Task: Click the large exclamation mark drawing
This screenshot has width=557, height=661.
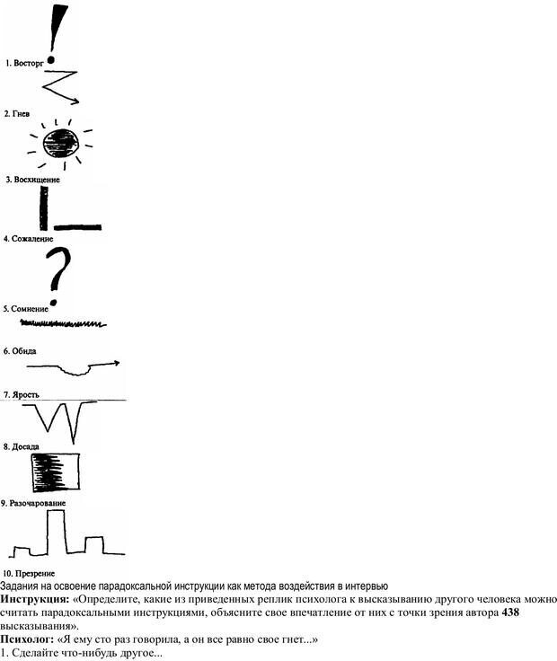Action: pyautogui.click(x=58, y=32)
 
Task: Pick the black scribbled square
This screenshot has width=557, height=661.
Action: pyautogui.click(x=55, y=471)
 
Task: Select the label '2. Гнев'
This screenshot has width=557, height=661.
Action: pyautogui.click(x=19, y=114)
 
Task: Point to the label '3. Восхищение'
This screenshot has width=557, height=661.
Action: pyautogui.click(x=32, y=180)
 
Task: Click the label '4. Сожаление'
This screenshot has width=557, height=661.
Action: pyautogui.click(x=30, y=239)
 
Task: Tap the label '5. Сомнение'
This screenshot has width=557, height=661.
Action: pyautogui.click(x=27, y=309)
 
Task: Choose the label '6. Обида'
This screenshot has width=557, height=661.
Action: pyautogui.click(x=21, y=351)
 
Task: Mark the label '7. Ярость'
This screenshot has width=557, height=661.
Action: pyautogui.click(x=22, y=395)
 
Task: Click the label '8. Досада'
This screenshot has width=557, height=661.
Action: pyautogui.click(x=22, y=445)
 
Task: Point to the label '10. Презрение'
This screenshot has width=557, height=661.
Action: pyautogui.click(x=30, y=573)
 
